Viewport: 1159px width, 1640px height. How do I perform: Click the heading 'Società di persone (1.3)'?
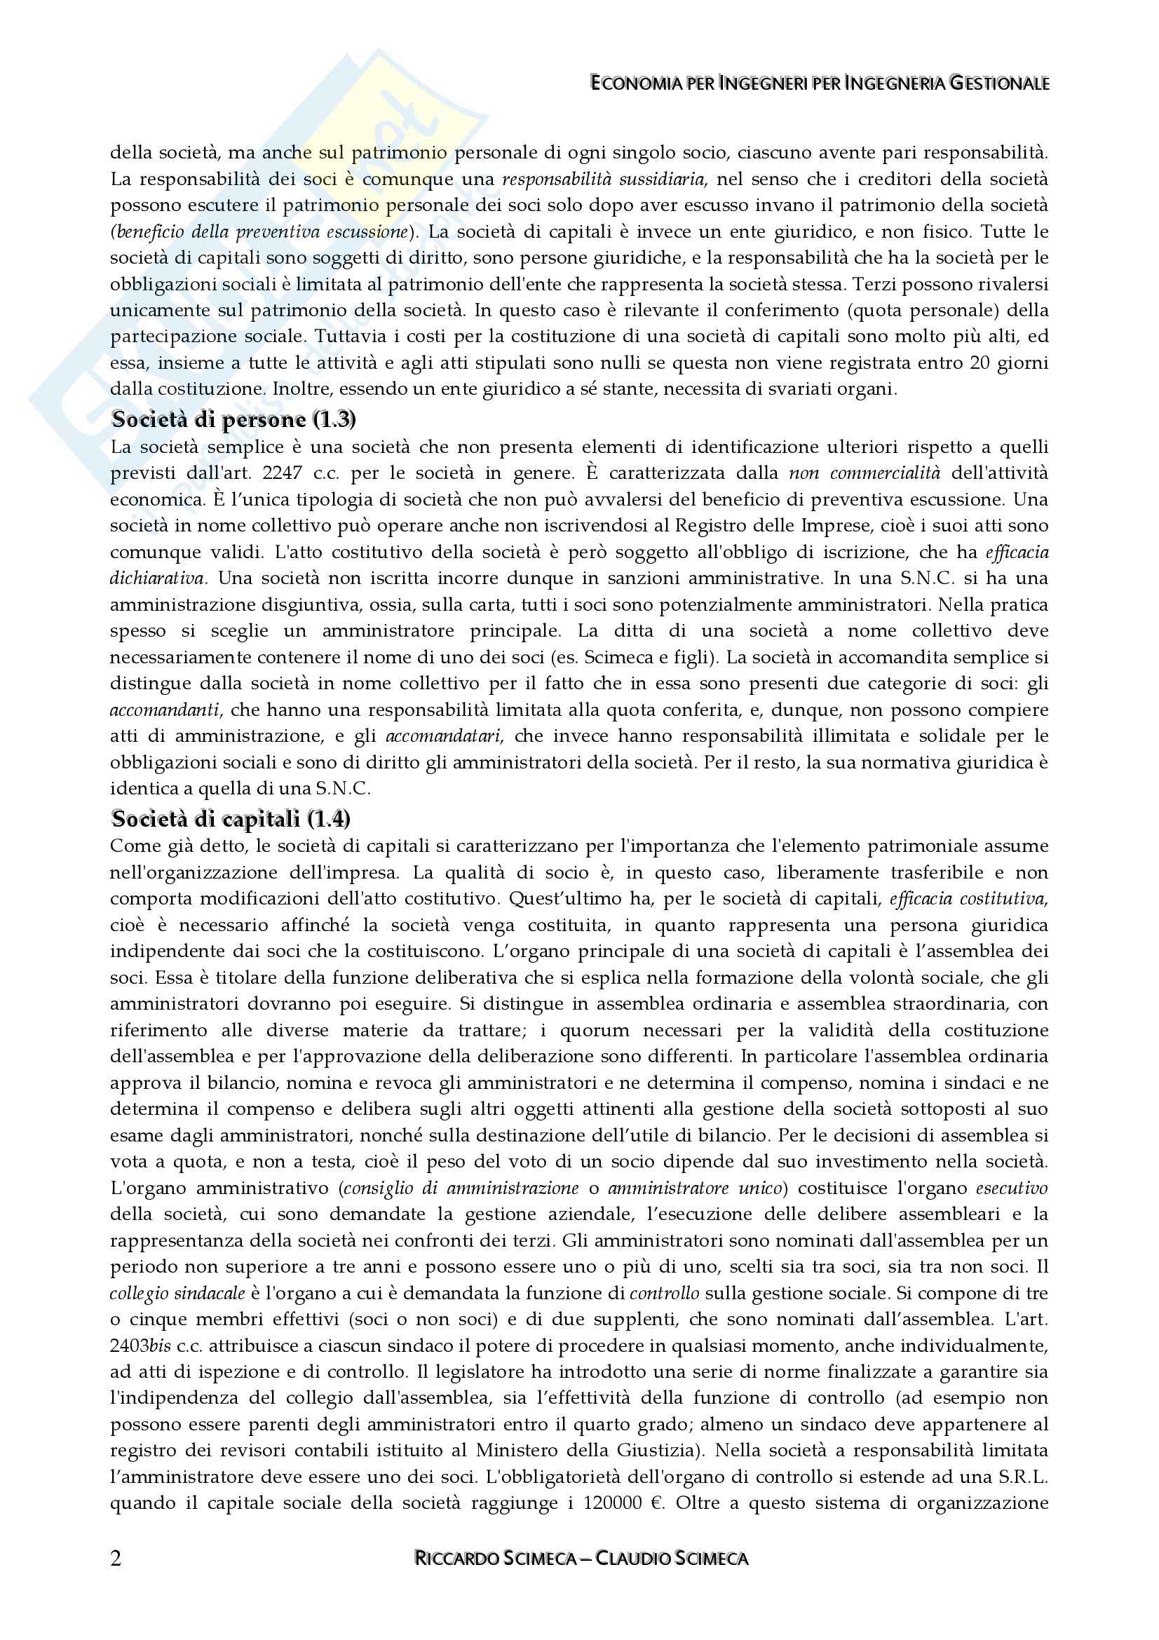pos(233,419)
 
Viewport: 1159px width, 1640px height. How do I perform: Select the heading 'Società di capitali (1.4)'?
pos(230,818)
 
